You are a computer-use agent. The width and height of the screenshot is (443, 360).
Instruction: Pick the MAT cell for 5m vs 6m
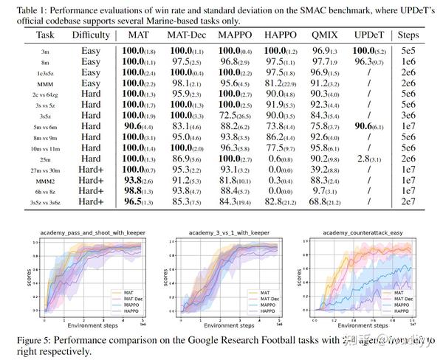tap(140, 127)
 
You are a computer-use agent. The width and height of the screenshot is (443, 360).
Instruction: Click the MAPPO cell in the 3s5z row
tap(238, 117)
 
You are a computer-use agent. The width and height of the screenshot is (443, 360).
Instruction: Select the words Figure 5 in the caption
tap(30, 340)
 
